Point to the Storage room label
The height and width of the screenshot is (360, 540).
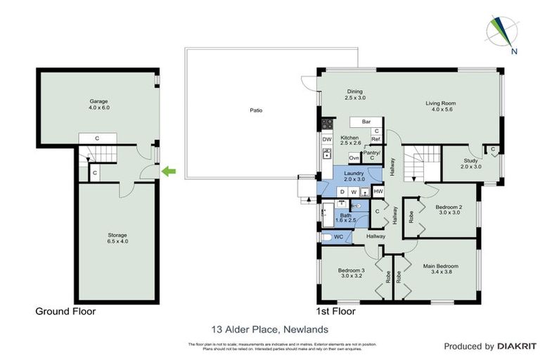pyautogui.click(x=99, y=238)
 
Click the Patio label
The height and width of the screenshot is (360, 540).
pyautogui.click(x=257, y=110)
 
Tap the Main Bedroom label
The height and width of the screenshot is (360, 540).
pyautogui.click(x=441, y=269)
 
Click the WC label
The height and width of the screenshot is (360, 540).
pyautogui.click(x=338, y=237)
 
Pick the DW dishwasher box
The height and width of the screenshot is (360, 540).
pyautogui.click(x=327, y=140)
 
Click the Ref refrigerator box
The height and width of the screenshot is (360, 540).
pyautogui.click(x=376, y=140)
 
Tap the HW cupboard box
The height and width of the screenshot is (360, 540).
pyautogui.click(x=378, y=191)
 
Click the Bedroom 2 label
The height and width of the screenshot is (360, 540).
pyautogui.click(x=448, y=210)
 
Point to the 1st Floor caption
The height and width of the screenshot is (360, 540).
pyautogui.click(x=337, y=311)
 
